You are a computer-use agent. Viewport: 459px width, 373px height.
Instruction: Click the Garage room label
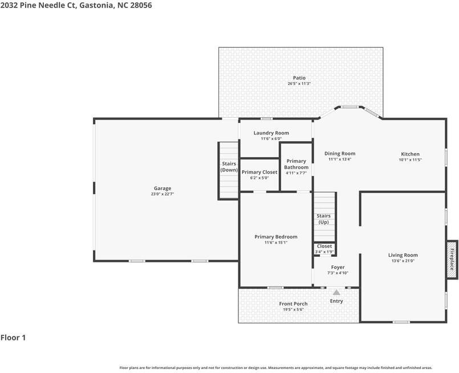click(162, 188)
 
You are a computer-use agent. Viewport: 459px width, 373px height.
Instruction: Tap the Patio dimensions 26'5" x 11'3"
click(299, 84)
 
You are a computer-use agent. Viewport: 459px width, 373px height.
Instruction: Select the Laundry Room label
click(271, 133)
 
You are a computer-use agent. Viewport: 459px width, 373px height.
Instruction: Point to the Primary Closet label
click(259, 172)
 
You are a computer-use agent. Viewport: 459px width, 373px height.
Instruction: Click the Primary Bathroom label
click(296, 164)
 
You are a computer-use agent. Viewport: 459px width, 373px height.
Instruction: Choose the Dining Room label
click(340, 153)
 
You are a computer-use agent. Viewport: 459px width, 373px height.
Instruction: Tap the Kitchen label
click(410, 154)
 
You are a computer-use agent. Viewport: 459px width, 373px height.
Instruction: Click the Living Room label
click(403, 255)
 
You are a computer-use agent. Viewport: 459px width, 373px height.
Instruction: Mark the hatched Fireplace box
click(452, 259)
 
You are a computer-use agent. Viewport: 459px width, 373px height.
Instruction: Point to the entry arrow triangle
click(336, 292)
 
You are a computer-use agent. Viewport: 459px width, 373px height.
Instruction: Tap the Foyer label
click(338, 267)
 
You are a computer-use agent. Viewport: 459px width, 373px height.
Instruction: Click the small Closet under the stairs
click(324, 249)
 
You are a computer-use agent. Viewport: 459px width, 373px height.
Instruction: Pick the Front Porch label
click(293, 304)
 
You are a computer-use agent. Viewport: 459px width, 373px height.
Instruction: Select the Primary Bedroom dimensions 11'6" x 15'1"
click(275, 243)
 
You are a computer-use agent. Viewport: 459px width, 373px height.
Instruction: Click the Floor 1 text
click(13, 338)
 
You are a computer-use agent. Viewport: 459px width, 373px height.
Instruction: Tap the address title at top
click(76, 5)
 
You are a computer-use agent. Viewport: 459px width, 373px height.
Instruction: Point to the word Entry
click(336, 301)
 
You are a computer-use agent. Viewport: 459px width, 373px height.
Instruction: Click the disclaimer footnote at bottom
click(275, 368)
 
